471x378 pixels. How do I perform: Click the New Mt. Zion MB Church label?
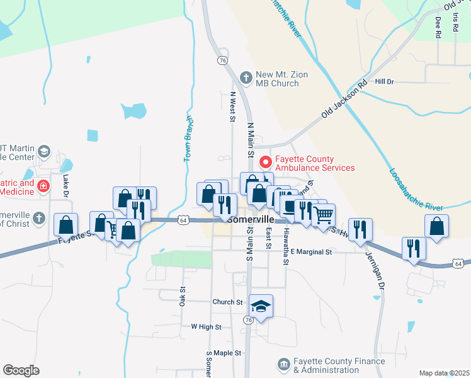tap(281, 79)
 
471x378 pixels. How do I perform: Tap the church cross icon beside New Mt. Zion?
tap(246, 78)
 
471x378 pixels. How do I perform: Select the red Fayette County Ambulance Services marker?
tap(265, 163)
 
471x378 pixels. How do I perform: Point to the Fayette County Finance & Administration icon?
tap(283, 365)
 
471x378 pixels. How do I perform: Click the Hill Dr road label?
tap(384, 82)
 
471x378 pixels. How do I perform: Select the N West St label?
tap(232, 106)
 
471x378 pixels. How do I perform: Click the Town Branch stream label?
tap(188, 139)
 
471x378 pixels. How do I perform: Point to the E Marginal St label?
tap(310, 252)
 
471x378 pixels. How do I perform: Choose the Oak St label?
tap(183, 297)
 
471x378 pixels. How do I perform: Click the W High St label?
tap(206, 327)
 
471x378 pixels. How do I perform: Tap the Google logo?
tap(21, 370)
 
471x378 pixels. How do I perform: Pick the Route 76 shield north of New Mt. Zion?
tap(222, 60)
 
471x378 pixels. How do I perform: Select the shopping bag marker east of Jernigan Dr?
tap(436, 227)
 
